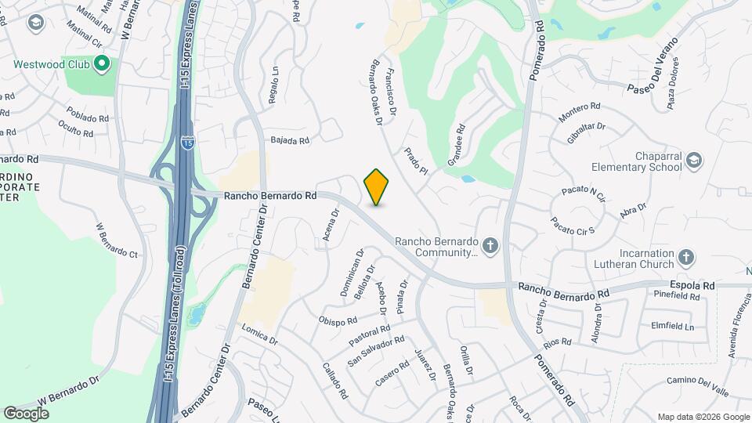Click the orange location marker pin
point(377,186)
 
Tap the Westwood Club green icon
point(101,63)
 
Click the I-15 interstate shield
point(187,143)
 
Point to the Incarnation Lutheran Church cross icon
point(685,257)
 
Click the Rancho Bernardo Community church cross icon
point(490,246)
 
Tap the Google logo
point(26,413)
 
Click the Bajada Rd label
point(290,141)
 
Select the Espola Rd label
point(692,287)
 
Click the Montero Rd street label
point(580,112)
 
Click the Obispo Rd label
point(338,320)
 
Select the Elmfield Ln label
point(673,325)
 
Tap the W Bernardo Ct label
point(117,240)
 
